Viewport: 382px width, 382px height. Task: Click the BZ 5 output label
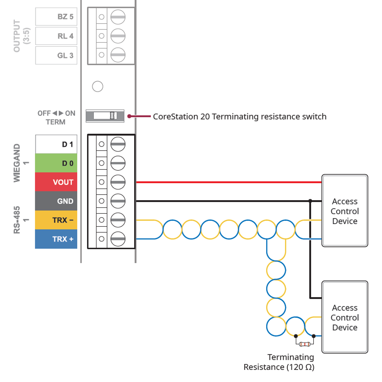[56, 17]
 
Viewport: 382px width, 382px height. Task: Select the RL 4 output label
[56, 36]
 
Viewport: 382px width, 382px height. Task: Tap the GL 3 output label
[56, 56]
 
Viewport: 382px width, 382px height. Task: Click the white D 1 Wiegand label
[56, 145]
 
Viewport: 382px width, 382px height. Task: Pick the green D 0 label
[56, 163]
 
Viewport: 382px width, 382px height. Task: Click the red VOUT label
[56, 182]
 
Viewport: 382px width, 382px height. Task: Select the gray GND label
[56, 201]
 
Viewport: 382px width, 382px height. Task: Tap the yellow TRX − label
[56, 220]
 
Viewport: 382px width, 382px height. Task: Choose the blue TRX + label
[56, 239]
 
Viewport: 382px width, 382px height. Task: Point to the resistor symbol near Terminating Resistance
[305, 344]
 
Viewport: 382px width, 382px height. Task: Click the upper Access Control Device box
[345, 211]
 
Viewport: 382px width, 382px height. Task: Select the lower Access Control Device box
[345, 317]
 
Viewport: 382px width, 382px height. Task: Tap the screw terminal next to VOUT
[118, 182]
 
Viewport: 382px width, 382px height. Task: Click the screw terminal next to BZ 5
[118, 17]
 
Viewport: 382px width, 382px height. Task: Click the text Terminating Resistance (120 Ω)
[279, 362]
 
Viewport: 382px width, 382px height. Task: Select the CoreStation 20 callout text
[240, 116]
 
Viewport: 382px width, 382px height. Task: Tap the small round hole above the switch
[97, 86]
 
